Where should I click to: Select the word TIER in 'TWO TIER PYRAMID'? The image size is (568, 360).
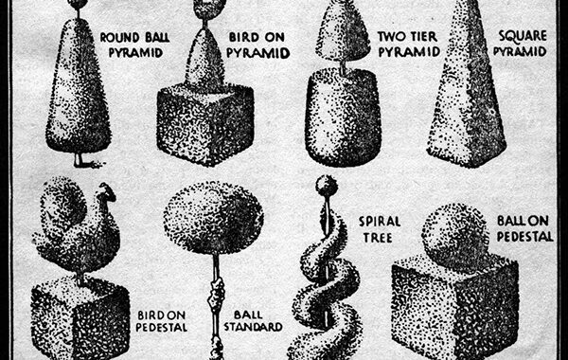(424, 37)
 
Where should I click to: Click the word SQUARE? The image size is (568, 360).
(522, 36)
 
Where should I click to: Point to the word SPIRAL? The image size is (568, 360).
(380, 222)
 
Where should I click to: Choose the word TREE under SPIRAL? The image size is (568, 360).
(378, 238)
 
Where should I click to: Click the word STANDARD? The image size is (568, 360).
(253, 327)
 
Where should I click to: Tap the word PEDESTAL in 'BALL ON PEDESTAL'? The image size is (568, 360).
(524, 237)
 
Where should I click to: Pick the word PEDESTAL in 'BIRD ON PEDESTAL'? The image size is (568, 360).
(162, 328)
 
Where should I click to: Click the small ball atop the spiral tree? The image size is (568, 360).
(327, 186)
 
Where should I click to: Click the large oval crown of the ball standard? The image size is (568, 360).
(214, 218)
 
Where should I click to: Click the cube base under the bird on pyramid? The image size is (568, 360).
(204, 123)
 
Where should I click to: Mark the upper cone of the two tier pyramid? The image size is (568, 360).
(343, 32)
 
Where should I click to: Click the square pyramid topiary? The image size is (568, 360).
(467, 87)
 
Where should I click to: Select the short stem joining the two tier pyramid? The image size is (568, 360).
(343, 68)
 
